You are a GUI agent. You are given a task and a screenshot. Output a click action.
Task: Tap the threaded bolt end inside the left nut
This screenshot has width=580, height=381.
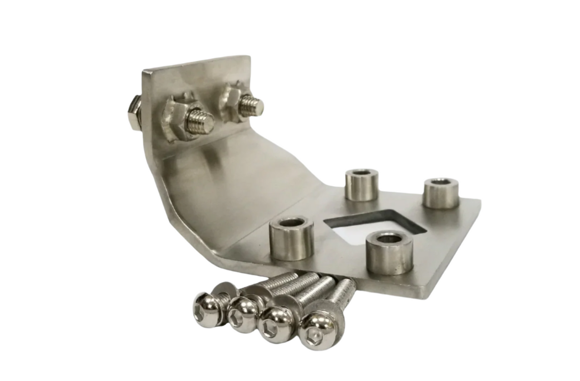tap(202, 121)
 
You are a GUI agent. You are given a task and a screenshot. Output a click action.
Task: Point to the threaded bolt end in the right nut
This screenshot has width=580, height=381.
tap(252, 106)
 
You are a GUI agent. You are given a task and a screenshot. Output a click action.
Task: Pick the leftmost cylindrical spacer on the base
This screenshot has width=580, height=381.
tap(291, 238)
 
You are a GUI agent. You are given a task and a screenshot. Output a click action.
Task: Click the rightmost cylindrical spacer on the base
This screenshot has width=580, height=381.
tap(440, 193)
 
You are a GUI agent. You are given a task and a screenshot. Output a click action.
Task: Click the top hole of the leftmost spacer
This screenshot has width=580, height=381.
tap(291, 223)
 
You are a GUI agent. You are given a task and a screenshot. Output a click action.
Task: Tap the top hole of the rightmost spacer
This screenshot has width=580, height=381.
tap(441, 183)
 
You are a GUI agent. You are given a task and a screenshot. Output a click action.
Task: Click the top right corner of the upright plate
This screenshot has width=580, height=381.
tap(249, 57)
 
